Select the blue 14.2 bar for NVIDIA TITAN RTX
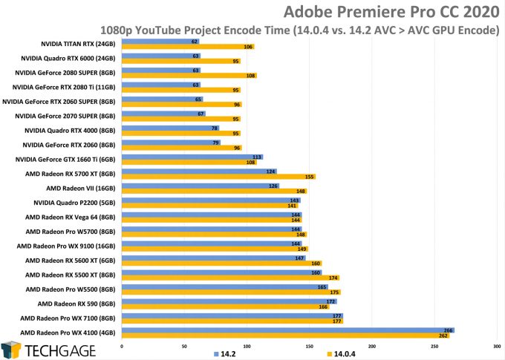pos(156,42)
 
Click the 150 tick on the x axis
pos(309,346)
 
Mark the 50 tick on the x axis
pos(184,346)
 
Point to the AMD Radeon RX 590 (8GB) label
pos(81,304)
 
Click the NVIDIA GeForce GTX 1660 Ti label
pos(69,160)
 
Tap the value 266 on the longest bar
pos(448,330)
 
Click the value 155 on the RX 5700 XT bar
pos(310,177)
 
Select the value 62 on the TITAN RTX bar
pos(194,42)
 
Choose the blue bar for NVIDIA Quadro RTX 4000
pos(168,128)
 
